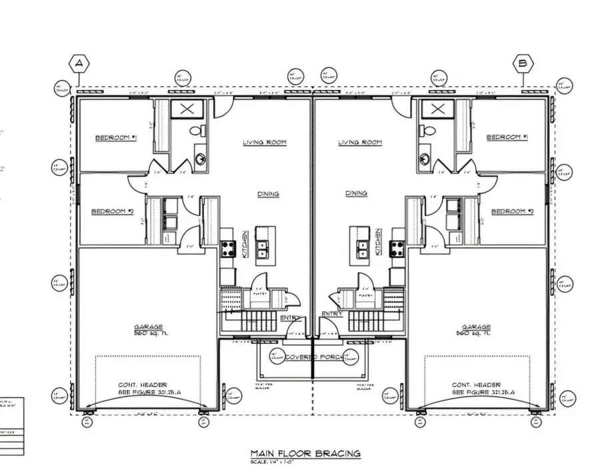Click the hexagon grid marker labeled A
pyautogui.click(x=79, y=63)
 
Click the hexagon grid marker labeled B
pyautogui.click(x=523, y=63)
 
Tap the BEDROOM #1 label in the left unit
pyautogui.click(x=115, y=137)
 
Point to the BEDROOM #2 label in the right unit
pyautogui.click(x=513, y=211)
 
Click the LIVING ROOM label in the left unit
pyautogui.click(x=264, y=142)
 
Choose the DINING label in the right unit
pyautogui.click(x=356, y=193)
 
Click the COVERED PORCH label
pyautogui.click(x=313, y=357)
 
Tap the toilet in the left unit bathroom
pyautogui.click(x=197, y=131)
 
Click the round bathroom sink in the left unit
pyautogui.click(x=200, y=159)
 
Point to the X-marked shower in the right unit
pyautogui.click(x=437, y=109)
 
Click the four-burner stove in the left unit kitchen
pyautogui.click(x=228, y=248)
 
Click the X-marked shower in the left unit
pyautogui.click(x=187, y=109)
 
